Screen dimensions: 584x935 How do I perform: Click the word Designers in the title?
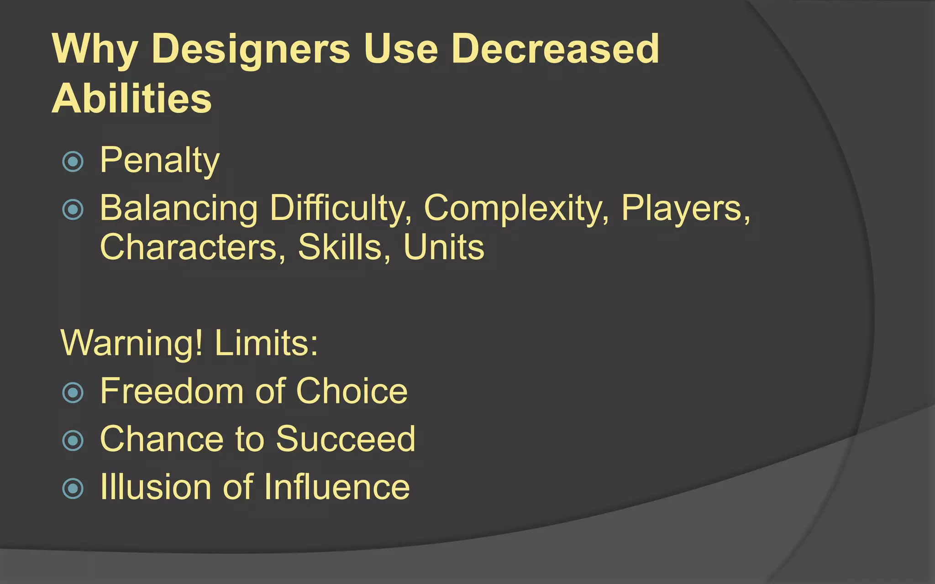tap(251, 49)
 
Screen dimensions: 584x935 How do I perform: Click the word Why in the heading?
tap(95, 49)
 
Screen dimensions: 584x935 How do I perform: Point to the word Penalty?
tap(160, 161)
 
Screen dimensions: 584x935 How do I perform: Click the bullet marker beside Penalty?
tap(73, 161)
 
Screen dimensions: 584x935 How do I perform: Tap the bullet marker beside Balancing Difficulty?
tap(73, 209)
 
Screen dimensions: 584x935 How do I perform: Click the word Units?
tap(443, 247)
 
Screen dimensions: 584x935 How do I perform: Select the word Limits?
tap(266, 343)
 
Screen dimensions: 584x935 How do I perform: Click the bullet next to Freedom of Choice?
tap(73, 392)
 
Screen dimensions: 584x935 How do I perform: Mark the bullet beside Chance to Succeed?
tap(73, 440)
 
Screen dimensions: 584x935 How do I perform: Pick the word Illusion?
tap(155, 487)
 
